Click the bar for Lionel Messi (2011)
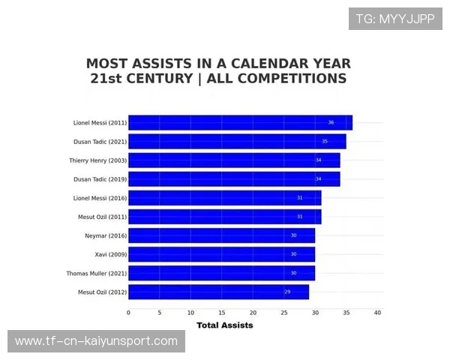coord(240,122)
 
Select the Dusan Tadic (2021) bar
coord(237,141)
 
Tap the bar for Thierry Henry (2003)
coord(234,160)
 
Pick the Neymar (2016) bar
coord(221,235)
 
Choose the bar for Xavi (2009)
coord(221,254)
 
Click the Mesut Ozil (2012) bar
coord(218,292)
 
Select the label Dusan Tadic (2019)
coord(100,178)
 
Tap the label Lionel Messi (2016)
coord(100,198)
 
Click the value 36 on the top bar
coord(331,122)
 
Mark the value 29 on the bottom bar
coord(287,292)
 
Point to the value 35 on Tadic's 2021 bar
coord(325,141)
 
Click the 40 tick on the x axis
coord(377,313)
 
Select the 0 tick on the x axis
coord(128,313)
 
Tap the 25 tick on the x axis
coord(284,313)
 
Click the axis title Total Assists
coord(225,325)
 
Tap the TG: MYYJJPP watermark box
coord(395,19)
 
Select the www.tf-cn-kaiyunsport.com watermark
coord(96,341)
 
